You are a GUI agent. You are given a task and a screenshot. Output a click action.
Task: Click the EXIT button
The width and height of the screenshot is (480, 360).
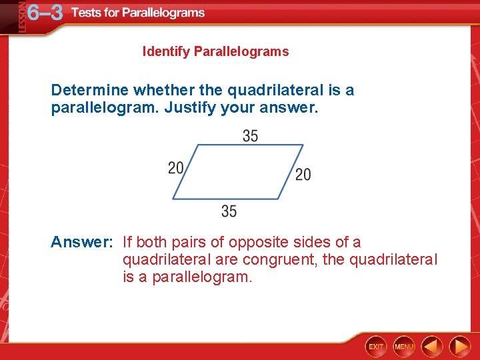click(x=376, y=347)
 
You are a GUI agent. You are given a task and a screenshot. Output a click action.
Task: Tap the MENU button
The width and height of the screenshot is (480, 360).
click(x=404, y=347)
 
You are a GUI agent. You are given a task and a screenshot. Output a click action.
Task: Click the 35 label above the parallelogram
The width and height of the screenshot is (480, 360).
click(x=250, y=136)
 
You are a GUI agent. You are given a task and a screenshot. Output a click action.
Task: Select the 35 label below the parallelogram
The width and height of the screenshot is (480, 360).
click(x=229, y=211)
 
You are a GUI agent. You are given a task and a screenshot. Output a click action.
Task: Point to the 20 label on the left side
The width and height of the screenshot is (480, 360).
click(x=176, y=167)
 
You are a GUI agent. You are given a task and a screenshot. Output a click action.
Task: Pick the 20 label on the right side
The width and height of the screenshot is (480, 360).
click(x=303, y=175)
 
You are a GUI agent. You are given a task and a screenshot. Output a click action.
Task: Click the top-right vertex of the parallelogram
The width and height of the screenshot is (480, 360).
click(x=303, y=145)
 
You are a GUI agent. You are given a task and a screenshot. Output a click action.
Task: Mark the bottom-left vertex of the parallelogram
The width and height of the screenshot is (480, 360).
click(x=173, y=199)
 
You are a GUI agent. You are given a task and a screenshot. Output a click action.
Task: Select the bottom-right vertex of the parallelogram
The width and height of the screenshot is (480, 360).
click(x=279, y=199)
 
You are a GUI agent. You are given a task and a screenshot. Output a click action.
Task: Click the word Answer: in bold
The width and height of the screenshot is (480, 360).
click(x=82, y=243)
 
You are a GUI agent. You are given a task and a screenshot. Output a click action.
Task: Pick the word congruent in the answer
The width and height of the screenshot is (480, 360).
click(x=280, y=260)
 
